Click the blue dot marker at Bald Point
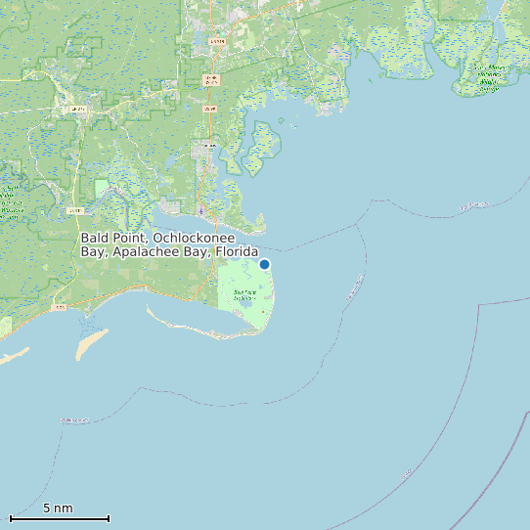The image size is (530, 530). (264, 264)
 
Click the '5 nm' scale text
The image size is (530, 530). (58, 508)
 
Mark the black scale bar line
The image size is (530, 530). (60, 518)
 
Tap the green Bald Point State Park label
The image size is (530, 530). (244, 295)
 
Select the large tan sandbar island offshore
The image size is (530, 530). (92, 343)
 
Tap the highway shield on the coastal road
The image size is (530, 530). (61, 308)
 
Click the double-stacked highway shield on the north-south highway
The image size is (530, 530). (209, 78)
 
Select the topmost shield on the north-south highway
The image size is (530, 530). (217, 42)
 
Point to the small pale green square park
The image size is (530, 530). (101, 187)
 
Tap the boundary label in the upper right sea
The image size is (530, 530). (475, 205)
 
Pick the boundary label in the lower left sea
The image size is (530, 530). (75, 420)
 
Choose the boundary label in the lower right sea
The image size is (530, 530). (407, 475)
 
